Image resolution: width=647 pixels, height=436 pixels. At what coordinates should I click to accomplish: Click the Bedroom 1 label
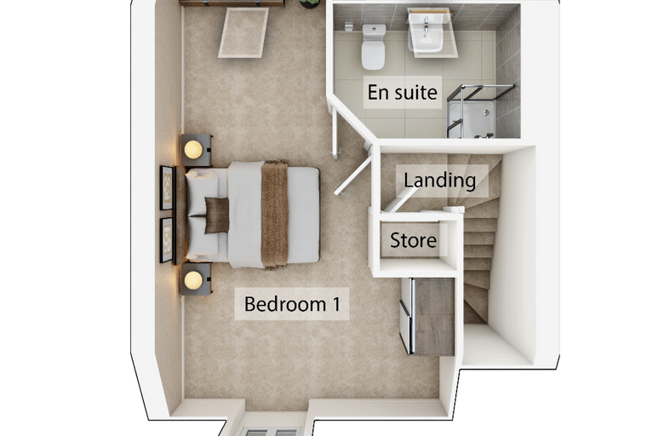pyautogui.click(x=292, y=304)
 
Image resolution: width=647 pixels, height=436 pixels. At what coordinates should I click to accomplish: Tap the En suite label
pyautogui.click(x=403, y=92)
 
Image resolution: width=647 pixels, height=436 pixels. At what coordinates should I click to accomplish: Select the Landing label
pyautogui.click(x=440, y=181)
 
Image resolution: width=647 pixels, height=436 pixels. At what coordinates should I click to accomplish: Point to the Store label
pyautogui.click(x=413, y=240)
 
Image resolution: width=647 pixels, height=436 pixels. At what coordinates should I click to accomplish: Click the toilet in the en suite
pyautogui.click(x=374, y=47)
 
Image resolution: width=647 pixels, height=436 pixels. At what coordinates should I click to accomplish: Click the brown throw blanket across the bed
pyautogui.click(x=275, y=215)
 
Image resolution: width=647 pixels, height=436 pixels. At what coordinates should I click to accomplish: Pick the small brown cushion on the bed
pyautogui.click(x=216, y=215)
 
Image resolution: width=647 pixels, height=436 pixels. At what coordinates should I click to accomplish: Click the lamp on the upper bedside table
pyautogui.click(x=193, y=150)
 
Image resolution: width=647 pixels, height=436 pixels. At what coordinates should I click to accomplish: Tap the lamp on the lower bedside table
pyautogui.click(x=193, y=280)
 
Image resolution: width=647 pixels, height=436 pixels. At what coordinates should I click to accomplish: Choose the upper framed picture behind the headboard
pyautogui.click(x=166, y=188)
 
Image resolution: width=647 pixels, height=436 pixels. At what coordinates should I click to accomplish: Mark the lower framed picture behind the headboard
pyautogui.click(x=166, y=240)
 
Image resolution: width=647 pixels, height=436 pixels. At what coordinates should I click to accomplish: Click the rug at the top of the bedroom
pyautogui.click(x=243, y=32)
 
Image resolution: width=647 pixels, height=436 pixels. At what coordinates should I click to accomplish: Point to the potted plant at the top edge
pyautogui.click(x=310, y=3)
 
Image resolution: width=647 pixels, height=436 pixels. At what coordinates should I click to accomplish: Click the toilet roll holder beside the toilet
pyautogui.click(x=349, y=26)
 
